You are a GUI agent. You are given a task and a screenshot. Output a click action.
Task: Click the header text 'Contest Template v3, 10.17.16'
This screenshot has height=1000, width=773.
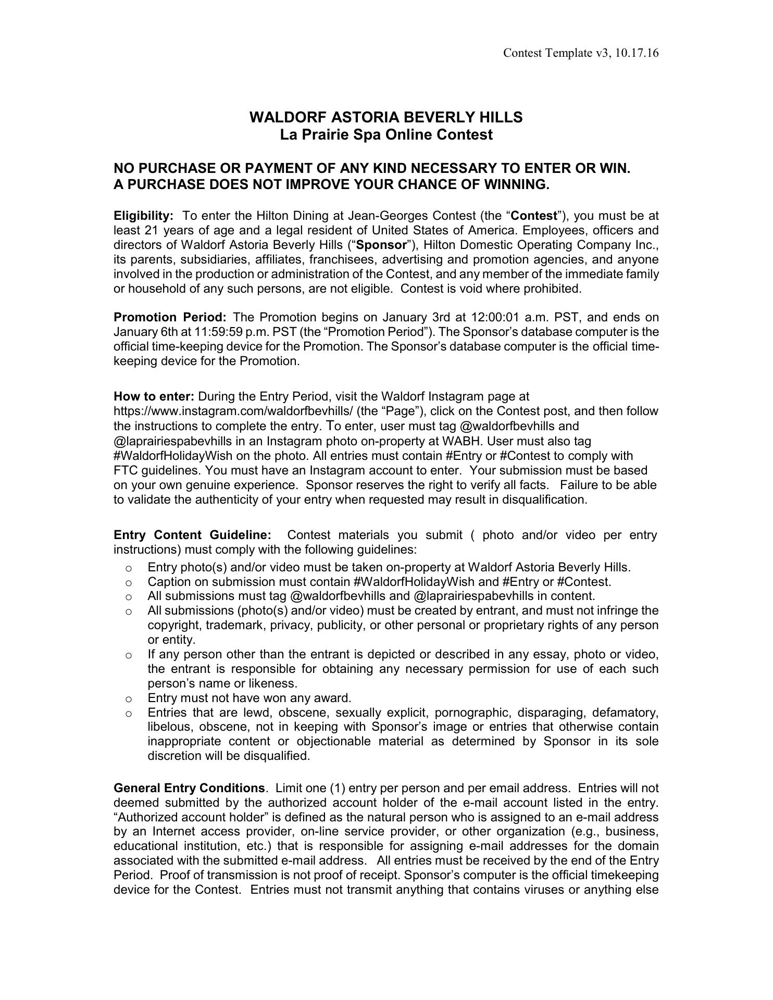(x=581, y=53)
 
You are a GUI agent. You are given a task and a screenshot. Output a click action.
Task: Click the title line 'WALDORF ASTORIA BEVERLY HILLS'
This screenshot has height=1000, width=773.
(x=386, y=117)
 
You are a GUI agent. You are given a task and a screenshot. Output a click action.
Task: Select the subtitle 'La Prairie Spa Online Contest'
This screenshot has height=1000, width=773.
(x=386, y=135)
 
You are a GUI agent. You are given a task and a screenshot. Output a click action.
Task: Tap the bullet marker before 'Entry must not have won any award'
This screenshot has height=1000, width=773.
(x=128, y=698)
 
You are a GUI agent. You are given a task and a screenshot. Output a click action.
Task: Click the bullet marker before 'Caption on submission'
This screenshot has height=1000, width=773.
(x=128, y=582)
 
